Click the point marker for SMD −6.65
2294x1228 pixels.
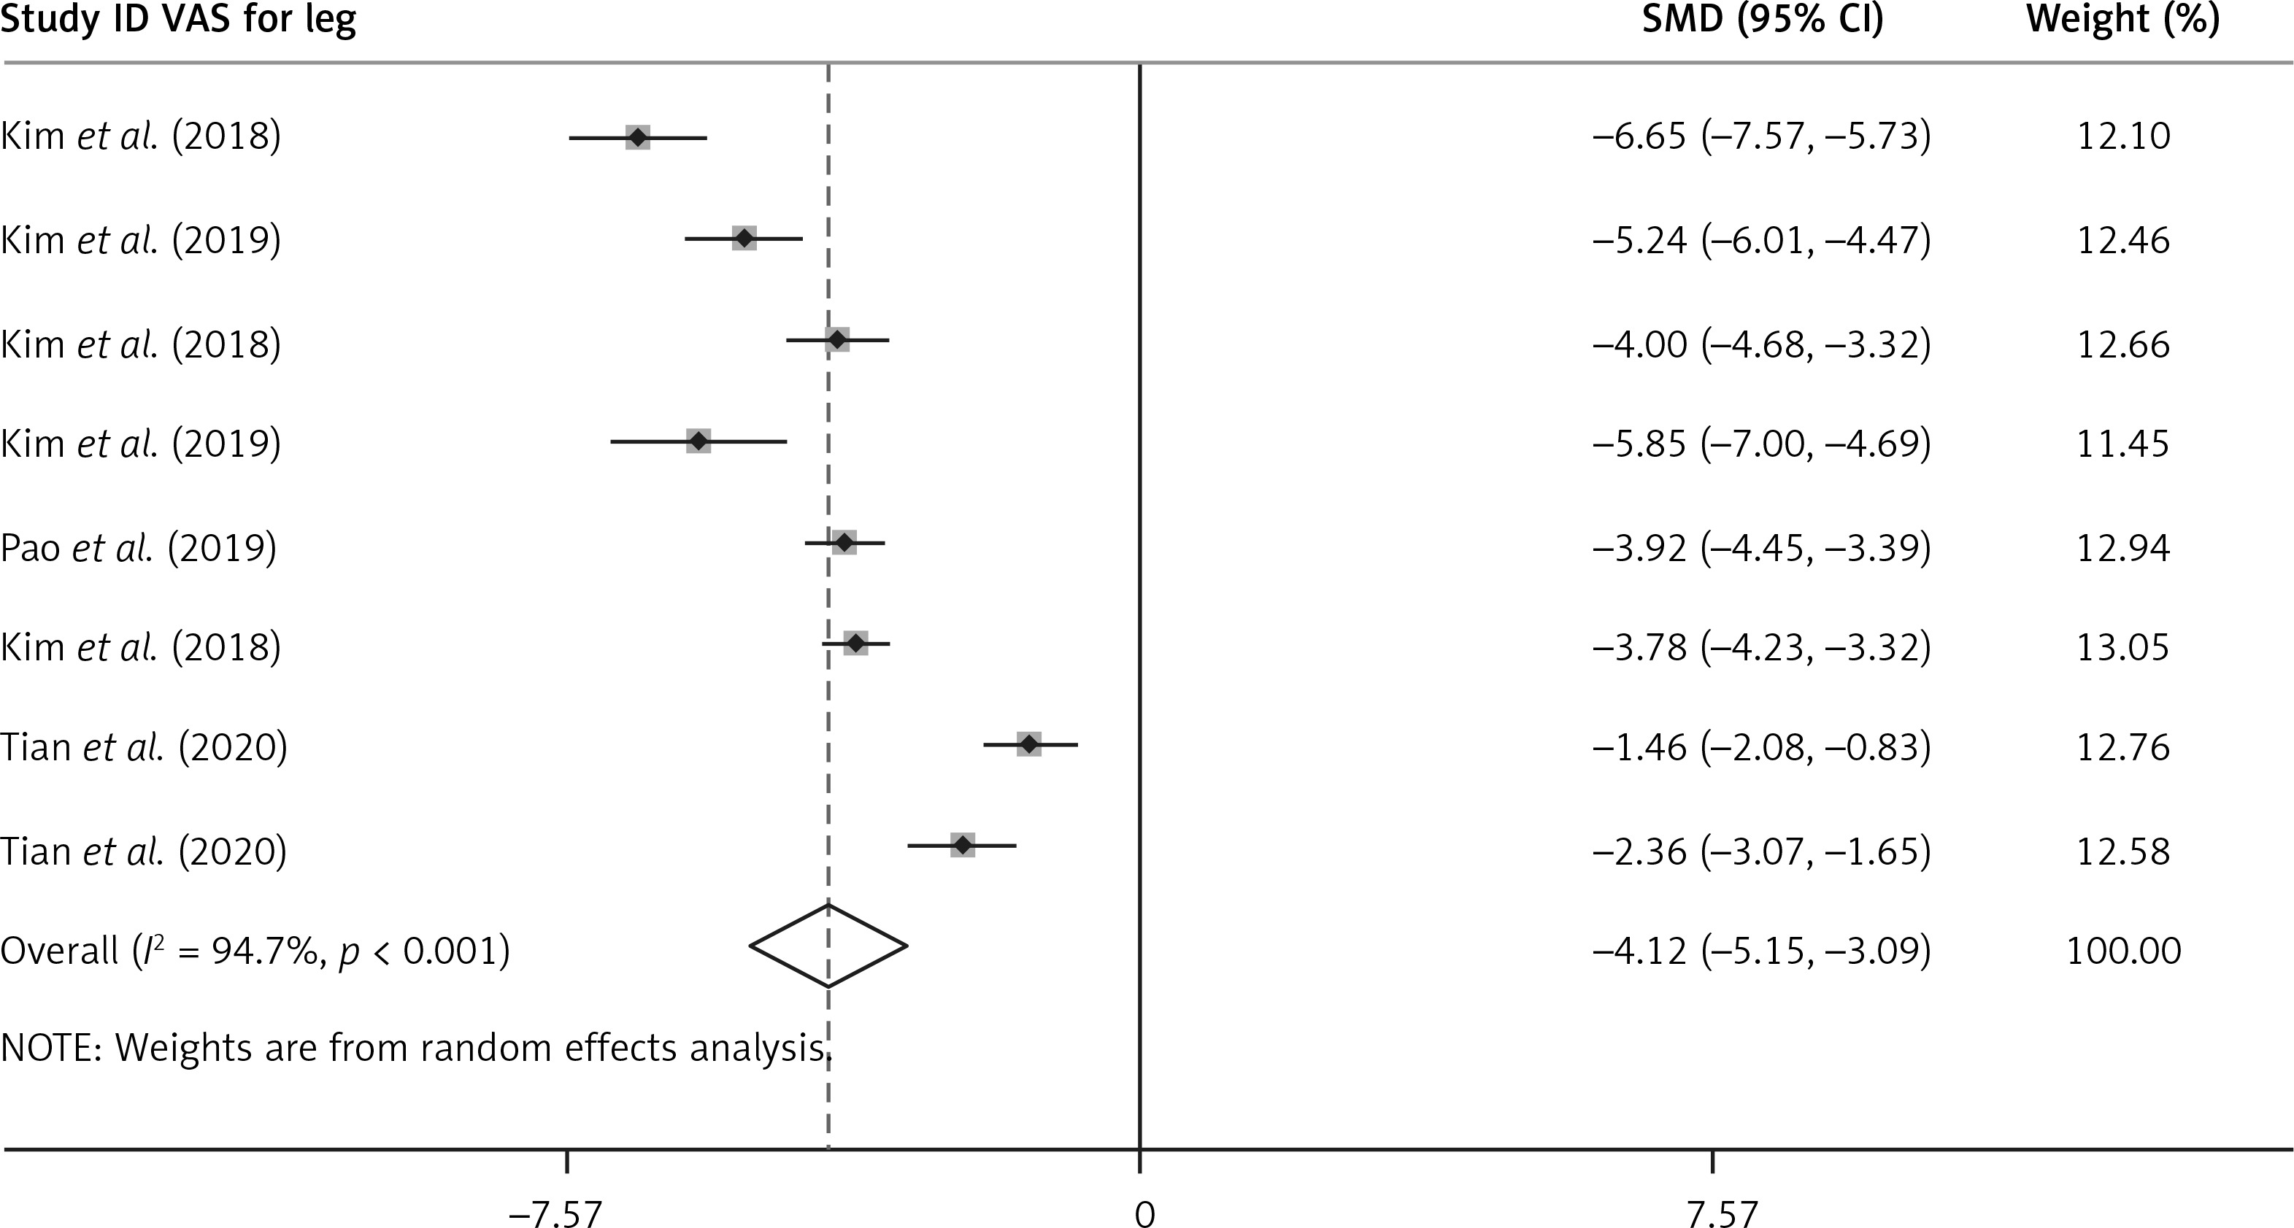(x=638, y=138)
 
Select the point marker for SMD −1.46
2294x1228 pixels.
(x=1029, y=744)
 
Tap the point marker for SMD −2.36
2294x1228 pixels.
(x=963, y=845)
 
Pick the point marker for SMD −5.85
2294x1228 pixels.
(x=699, y=441)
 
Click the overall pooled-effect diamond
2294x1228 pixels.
(x=828, y=946)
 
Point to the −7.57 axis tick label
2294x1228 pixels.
(x=555, y=1213)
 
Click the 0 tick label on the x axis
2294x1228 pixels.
(x=1144, y=1213)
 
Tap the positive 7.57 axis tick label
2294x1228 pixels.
(x=1720, y=1213)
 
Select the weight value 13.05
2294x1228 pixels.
(x=2123, y=646)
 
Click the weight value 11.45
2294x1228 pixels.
(x=2123, y=443)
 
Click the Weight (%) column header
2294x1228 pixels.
(x=2123, y=20)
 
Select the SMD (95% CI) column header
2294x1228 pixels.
(x=1763, y=20)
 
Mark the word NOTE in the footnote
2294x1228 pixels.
(x=50, y=1048)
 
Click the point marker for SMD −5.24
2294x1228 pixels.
(x=744, y=239)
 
